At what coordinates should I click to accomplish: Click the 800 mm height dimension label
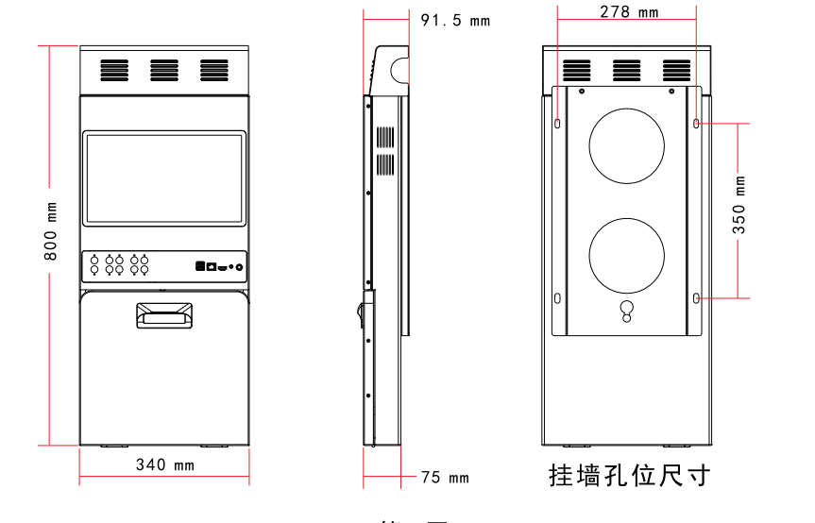pyautogui.click(x=53, y=230)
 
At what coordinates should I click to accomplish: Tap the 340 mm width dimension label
pyautogui.click(x=164, y=464)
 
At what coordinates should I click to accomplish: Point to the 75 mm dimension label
pyautogui.click(x=444, y=478)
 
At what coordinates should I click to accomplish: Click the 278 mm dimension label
pyautogui.click(x=629, y=11)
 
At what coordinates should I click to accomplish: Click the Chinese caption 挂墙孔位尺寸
pyautogui.click(x=629, y=475)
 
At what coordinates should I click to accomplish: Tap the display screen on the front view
pyautogui.click(x=164, y=179)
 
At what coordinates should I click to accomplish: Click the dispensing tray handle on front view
pyautogui.click(x=164, y=314)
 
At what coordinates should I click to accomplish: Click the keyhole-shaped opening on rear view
pyautogui.click(x=626, y=311)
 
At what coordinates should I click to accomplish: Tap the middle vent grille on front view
pyautogui.click(x=164, y=70)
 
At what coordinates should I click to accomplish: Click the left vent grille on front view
pyautogui.click(x=114, y=70)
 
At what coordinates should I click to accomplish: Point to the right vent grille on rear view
pyautogui.click(x=676, y=70)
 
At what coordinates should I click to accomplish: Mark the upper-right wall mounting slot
pyautogui.click(x=697, y=124)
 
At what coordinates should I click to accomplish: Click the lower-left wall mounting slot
pyautogui.click(x=557, y=298)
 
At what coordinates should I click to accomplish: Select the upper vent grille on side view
pyautogui.click(x=384, y=138)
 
